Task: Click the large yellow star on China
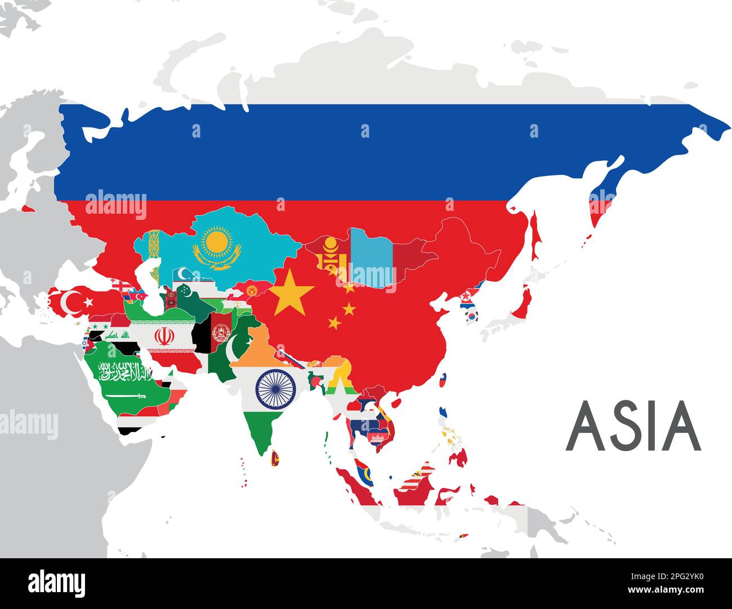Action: (291, 292)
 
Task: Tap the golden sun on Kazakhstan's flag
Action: (217, 242)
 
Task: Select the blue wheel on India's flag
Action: (276, 387)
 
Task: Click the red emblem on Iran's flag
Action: (164, 337)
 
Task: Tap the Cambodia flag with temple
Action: (373, 436)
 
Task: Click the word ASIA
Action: (633, 426)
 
